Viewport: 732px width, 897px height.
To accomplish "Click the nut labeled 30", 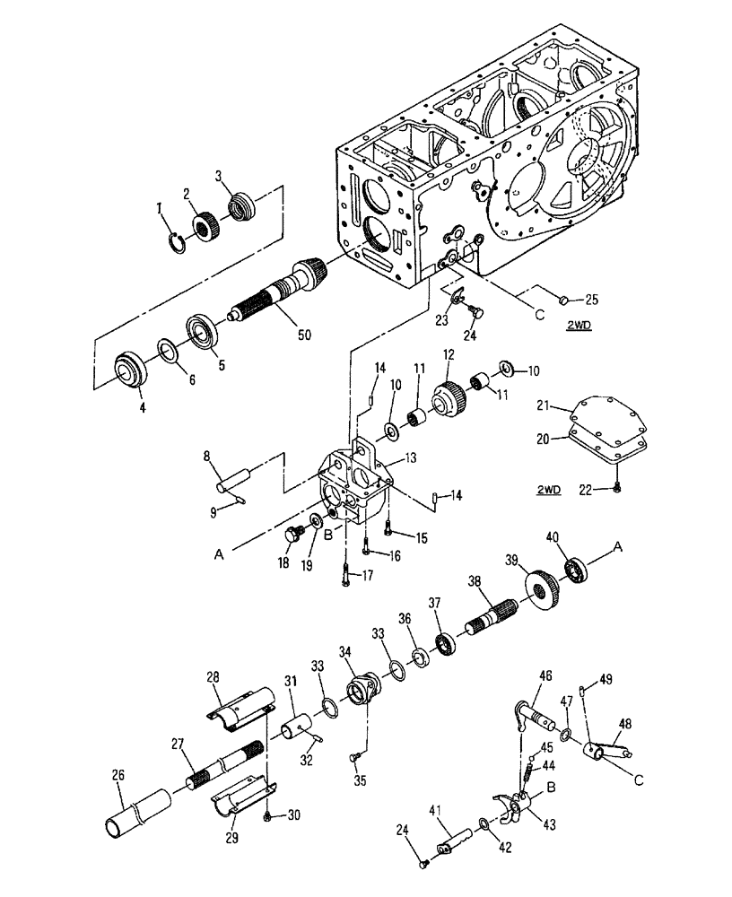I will click(x=268, y=815).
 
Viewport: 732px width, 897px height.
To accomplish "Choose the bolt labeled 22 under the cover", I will click(x=618, y=486).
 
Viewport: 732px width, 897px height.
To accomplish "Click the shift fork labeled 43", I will click(x=511, y=804).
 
